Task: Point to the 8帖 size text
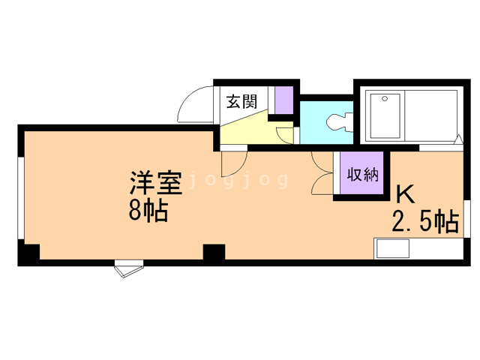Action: pos(147,211)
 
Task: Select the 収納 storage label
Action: pos(362,175)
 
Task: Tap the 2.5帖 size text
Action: pos(425,222)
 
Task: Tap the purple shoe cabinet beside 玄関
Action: pos(283,100)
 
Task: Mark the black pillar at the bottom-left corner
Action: pos(28,255)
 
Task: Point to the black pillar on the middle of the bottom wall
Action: pos(214,253)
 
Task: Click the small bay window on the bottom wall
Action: pos(127,268)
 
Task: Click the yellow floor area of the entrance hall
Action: pos(244,129)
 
